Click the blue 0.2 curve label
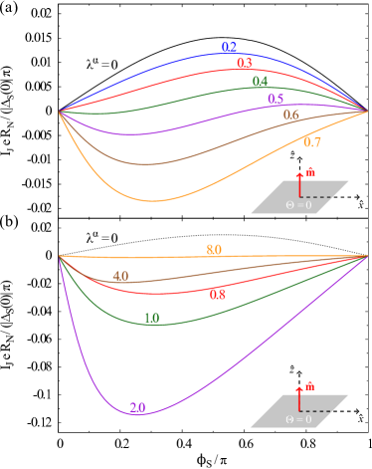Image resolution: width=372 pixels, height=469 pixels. [x=229, y=48]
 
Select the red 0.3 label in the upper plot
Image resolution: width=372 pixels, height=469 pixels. [x=245, y=64]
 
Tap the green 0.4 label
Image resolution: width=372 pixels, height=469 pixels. [x=260, y=82]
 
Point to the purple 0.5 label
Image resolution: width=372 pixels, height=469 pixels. [x=276, y=99]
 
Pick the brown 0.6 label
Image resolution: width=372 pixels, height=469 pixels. [x=291, y=116]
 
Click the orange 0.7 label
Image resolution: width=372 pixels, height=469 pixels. [x=311, y=142]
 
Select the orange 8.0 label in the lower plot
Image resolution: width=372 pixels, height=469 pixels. [x=214, y=250]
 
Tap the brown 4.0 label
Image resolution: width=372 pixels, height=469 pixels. [x=120, y=276]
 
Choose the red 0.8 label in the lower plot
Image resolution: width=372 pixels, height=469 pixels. [x=218, y=295]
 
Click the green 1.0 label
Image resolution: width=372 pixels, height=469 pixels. [x=151, y=319]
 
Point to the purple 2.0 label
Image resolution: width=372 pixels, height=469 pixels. [x=137, y=407]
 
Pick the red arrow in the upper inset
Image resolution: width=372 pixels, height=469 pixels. [x=300, y=184]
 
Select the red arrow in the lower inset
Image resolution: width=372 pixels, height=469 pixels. [x=300, y=397]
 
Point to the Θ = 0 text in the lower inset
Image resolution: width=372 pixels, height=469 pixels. [x=298, y=419]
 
